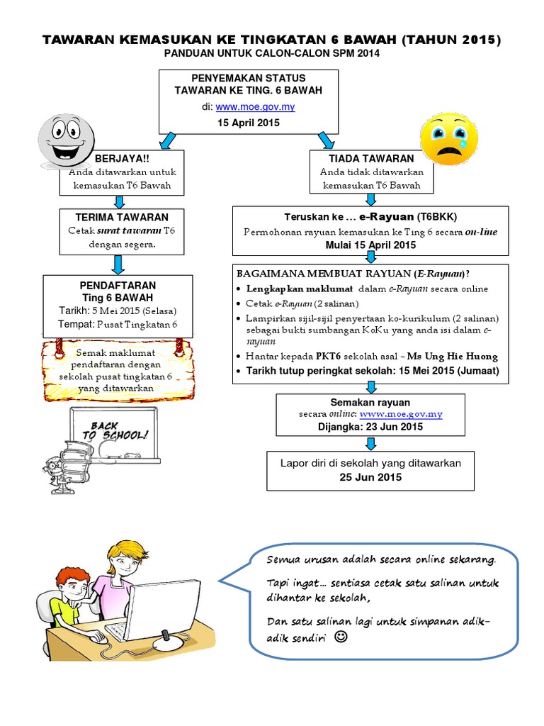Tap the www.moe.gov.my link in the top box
255,107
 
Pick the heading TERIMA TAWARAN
123,217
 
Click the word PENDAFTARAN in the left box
118,285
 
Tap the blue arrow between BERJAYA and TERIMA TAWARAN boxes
118,202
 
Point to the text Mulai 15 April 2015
370,245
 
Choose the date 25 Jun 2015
370,477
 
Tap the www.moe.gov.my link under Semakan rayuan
401,413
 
